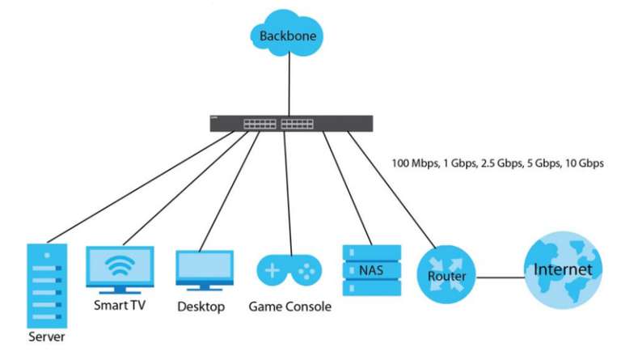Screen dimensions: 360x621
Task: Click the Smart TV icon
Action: [x=119, y=269]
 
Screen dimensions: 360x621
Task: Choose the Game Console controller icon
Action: [x=287, y=270]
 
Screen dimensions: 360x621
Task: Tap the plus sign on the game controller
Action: [x=273, y=271]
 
